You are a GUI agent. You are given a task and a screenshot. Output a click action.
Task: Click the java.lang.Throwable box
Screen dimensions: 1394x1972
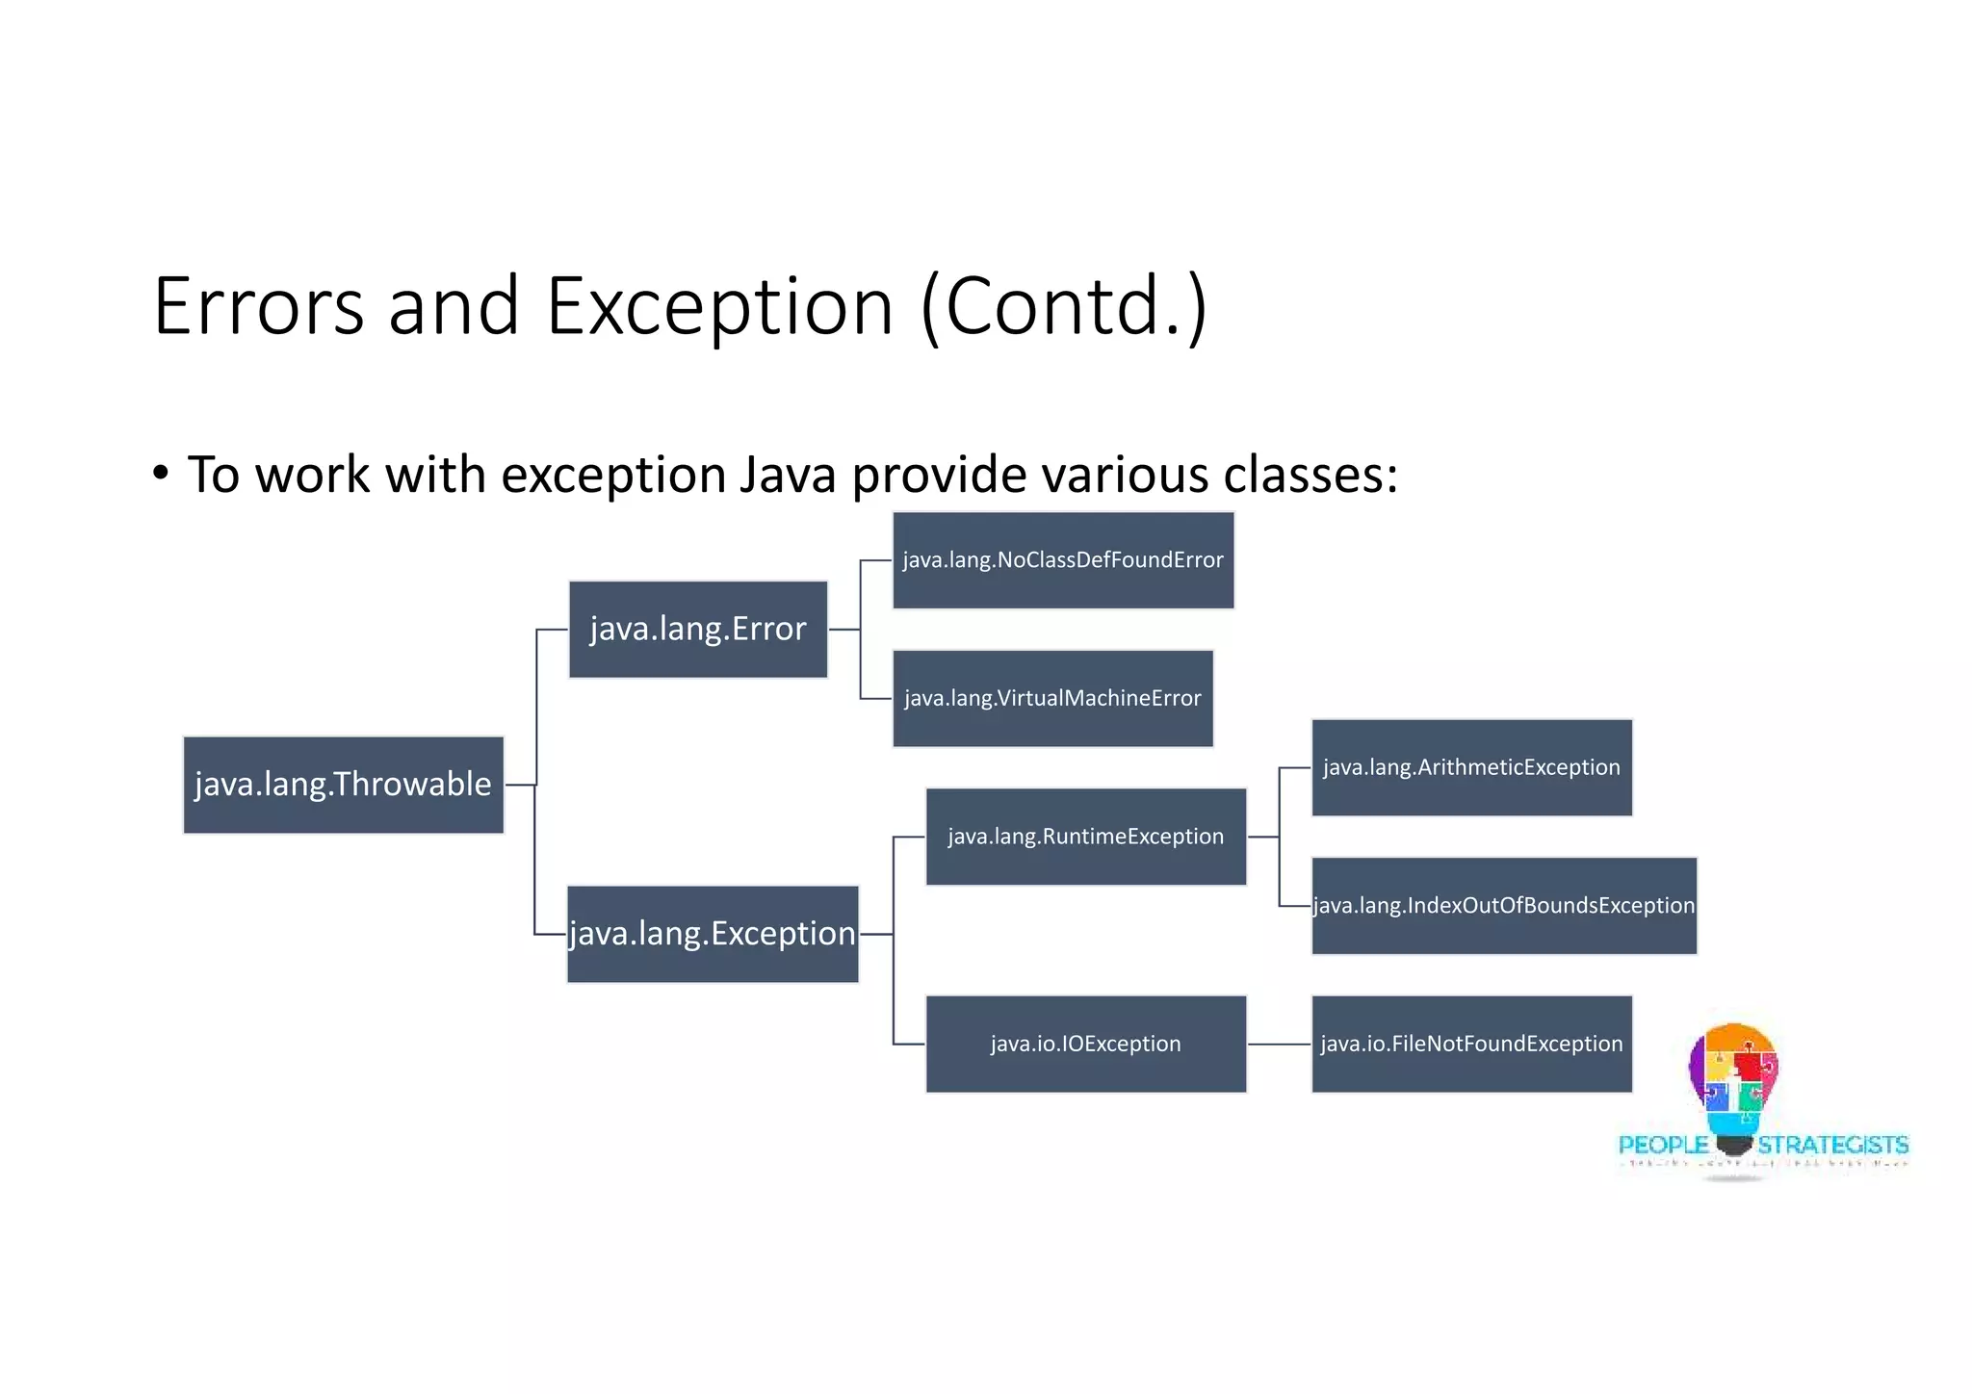(x=343, y=785)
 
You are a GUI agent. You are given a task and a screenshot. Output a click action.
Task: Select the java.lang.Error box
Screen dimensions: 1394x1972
(x=697, y=629)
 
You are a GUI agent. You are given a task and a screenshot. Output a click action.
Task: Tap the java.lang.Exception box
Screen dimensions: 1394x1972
(x=712, y=933)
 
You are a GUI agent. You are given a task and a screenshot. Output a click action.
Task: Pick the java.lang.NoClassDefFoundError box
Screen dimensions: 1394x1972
(x=1062, y=559)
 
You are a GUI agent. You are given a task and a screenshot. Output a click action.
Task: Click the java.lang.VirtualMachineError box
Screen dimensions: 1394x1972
(x=1051, y=698)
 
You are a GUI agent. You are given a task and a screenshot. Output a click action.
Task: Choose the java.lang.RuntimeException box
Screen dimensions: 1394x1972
(x=1085, y=836)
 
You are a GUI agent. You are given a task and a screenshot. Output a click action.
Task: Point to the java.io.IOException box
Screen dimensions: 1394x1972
(x=1085, y=1044)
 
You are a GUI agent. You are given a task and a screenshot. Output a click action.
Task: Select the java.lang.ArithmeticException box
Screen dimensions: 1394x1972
(x=1470, y=767)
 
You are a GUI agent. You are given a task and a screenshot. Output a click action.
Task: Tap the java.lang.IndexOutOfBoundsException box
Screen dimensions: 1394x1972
(x=1503, y=905)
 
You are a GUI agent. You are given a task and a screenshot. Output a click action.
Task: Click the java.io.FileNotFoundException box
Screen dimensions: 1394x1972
(x=1470, y=1044)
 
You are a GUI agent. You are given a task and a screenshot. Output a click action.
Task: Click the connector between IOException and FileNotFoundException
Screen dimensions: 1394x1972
(x=1279, y=1044)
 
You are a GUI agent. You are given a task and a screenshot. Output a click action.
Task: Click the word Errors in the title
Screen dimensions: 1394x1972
(x=258, y=306)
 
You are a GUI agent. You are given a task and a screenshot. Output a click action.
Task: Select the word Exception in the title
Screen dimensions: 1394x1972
(x=719, y=306)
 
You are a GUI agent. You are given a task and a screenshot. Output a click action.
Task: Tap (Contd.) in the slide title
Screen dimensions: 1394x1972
(x=1063, y=306)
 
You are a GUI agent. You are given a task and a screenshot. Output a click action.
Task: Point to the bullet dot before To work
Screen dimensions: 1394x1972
(x=161, y=473)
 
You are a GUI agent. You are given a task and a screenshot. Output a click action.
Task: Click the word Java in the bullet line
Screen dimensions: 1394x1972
(x=787, y=475)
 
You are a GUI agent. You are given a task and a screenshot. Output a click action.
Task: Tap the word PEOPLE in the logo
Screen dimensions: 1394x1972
(x=1662, y=1145)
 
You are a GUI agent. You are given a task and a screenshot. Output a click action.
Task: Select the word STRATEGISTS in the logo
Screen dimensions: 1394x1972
(x=1832, y=1145)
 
